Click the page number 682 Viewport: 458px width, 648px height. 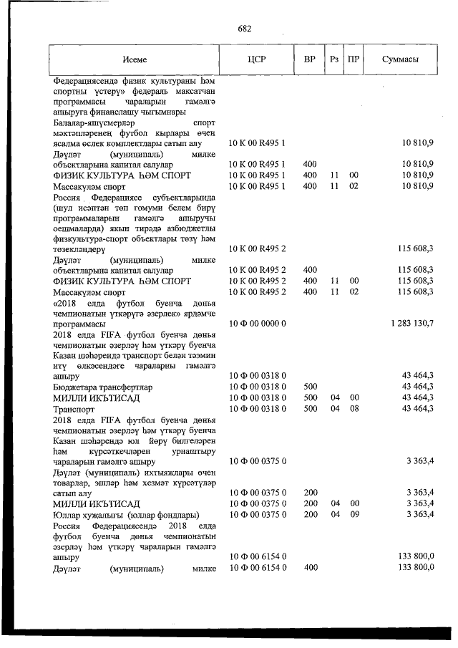[245, 29]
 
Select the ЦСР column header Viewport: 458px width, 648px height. [256, 59]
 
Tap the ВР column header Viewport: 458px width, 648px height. [310, 59]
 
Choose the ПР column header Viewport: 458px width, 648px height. [353, 59]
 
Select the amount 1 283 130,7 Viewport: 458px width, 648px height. [412, 324]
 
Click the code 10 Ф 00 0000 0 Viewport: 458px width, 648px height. [257, 324]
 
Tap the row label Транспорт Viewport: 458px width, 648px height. [74, 408]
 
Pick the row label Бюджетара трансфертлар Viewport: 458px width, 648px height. [97, 387]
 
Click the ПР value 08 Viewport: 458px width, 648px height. [353, 408]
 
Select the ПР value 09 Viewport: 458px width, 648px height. [353, 515]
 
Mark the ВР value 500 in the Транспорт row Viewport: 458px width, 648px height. [310, 408]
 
